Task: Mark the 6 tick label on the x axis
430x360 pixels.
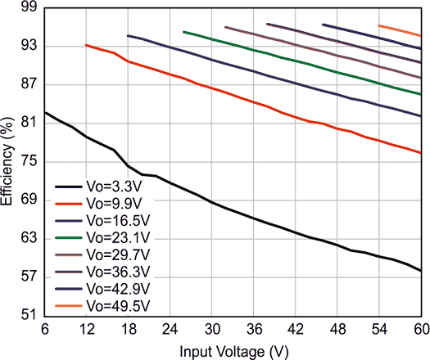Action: point(44,329)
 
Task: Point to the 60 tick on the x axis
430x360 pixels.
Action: point(420,329)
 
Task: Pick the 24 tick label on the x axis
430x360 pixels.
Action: point(170,329)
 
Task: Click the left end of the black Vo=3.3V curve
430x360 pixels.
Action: point(45,112)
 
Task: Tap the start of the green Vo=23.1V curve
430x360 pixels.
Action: point(184,32)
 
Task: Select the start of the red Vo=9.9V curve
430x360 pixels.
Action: point(87,45)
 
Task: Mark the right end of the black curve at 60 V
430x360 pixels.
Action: point(420,270)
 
